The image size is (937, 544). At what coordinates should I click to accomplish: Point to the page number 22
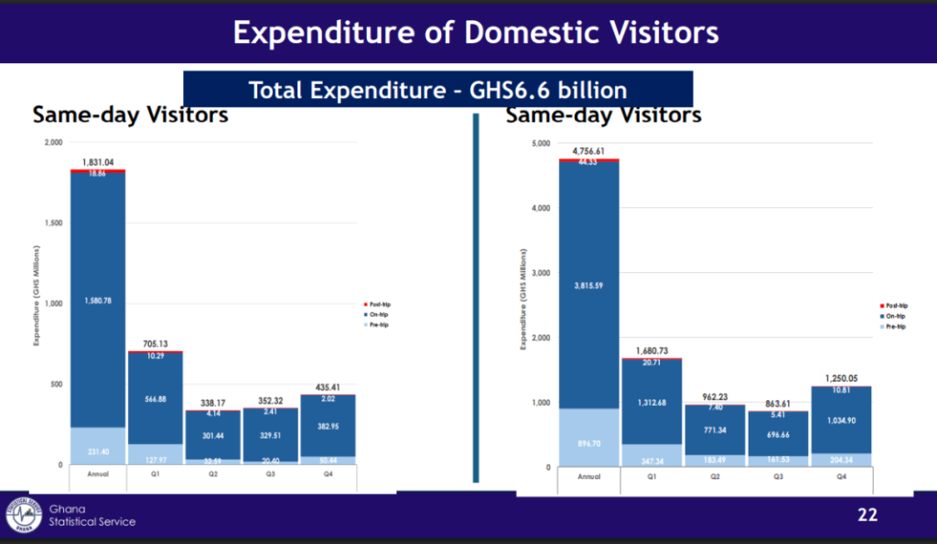[x=867, y=515]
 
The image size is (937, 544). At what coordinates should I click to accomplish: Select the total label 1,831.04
[x=98, y=162]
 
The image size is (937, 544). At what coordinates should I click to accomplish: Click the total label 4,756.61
[x=588, y=151]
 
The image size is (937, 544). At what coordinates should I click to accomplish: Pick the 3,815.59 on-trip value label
[x=588, y=285]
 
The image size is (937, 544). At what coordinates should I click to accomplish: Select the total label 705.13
[x=155, y=344]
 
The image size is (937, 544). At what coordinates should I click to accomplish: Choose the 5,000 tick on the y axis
[x=541, y=144]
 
